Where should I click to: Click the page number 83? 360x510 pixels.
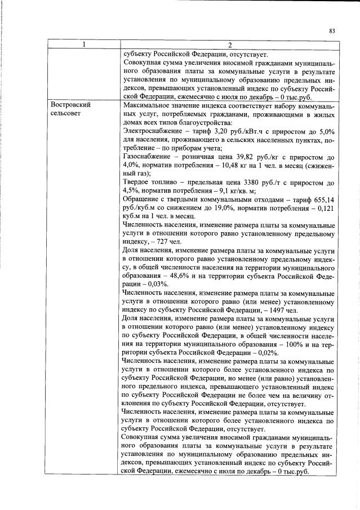[332, 32]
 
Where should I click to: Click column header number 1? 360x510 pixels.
[83, 45]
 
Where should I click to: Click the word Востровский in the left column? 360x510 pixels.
[70, 105]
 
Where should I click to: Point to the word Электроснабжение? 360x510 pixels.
[151, 131]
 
